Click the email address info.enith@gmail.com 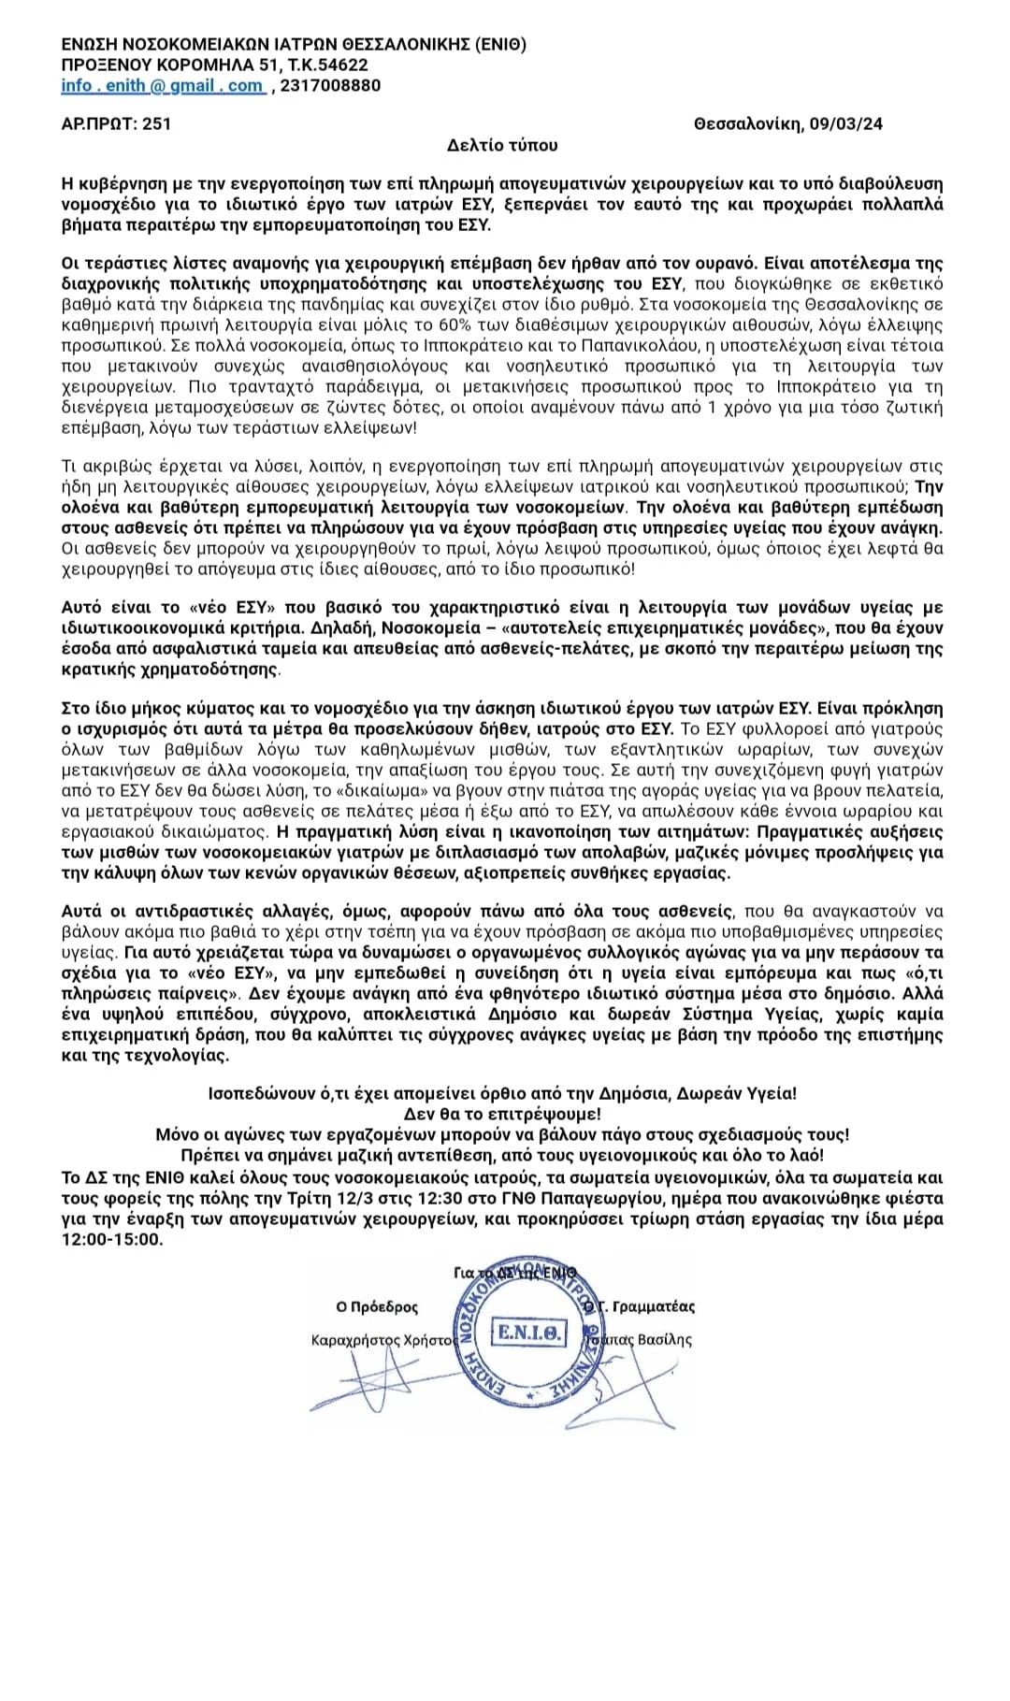click(x=162, y=86)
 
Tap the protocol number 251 click(x=156, y=123)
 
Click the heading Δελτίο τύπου click(x=502, y=145)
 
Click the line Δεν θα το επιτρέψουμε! click(x=502, y=1114)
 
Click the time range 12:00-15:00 click(x=112, y=1239)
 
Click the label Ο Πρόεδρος click(x=377, y=1307)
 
